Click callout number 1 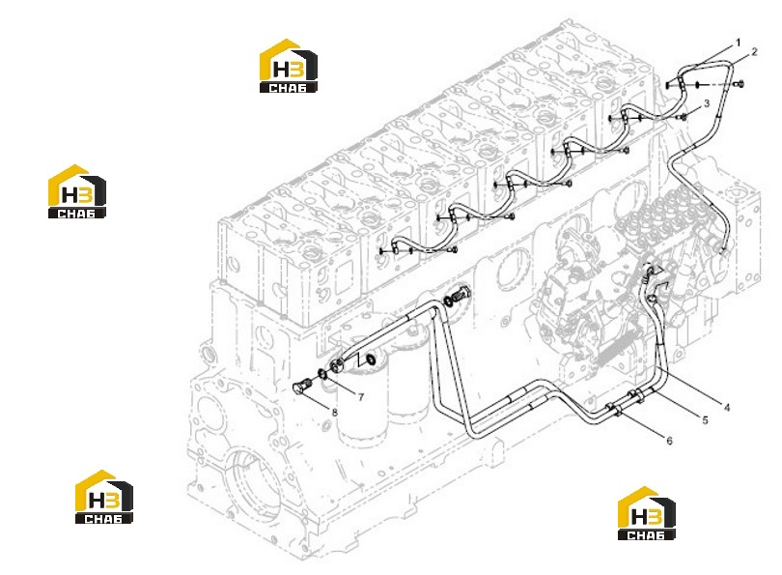(739, 43)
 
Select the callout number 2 (754, 51)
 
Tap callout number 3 (706, 103)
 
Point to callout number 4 (727, 407)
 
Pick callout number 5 (705, 420)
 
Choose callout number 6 (669, 441)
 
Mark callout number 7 (360, 397)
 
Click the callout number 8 (335, 413)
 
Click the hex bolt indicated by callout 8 (300, 387)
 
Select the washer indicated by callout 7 (322, 373)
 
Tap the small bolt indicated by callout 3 (683, 117)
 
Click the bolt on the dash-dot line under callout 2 (740, 84)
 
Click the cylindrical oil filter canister (362, 404)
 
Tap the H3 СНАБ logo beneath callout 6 (647, 513)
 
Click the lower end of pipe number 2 (722, 248)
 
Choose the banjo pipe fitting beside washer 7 (336, 364)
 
